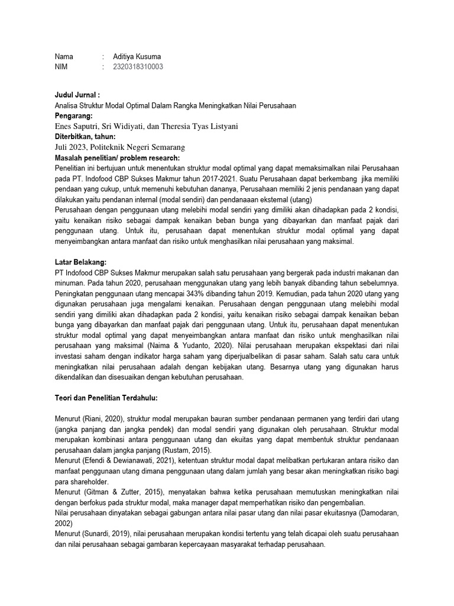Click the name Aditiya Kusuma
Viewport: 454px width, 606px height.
[x=137, y=56]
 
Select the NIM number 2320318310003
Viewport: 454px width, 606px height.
[x=138, y=67]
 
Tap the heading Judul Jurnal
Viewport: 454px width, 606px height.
[x=77, y=94]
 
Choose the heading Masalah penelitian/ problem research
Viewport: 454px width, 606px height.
[x=116, y=157]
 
